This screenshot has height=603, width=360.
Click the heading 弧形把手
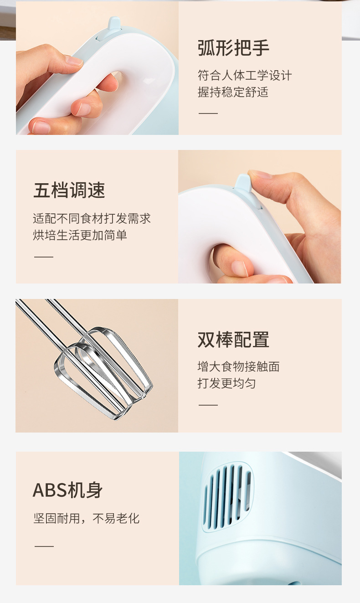233,48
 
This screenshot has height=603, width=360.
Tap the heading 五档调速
69,190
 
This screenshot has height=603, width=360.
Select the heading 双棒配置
233,340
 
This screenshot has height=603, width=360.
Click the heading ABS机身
68,490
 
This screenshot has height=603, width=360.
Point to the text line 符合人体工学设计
244,75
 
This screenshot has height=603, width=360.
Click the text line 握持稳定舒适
233,92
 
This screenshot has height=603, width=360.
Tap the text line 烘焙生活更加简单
80,235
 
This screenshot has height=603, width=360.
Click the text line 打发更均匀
226,383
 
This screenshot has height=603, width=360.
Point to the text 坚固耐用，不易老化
87,518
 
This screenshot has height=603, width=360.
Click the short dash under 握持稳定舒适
208,113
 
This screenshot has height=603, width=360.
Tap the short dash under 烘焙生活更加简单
44,257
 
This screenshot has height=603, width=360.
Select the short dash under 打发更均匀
208,405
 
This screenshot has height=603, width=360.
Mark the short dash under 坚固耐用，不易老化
44,546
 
